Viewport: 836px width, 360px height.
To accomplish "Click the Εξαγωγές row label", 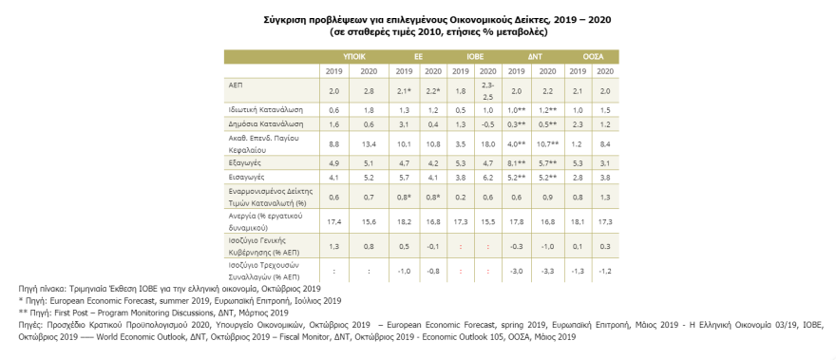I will [x=245, y=164].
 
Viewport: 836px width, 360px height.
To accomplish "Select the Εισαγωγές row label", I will [x=246, y=178].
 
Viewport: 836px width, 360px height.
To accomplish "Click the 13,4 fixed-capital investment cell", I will [x=369, y=144].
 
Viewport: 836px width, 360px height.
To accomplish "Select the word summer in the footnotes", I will [x=130, y=299].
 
